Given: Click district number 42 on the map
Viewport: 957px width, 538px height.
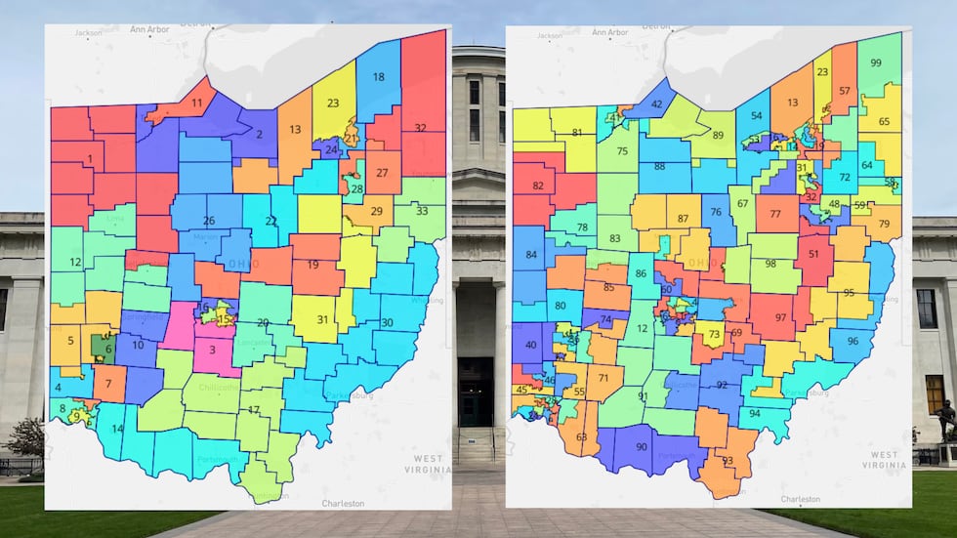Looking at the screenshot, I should [x=656, y=103].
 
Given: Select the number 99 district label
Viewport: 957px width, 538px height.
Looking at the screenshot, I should [x=876, y=63].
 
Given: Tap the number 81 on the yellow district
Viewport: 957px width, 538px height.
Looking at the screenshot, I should [x=577, y=133].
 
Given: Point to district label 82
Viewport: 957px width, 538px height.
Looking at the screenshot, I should [x=537, y=186].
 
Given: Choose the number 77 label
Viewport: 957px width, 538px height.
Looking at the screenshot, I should [x=775, y=213].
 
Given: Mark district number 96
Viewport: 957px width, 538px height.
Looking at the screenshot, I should [x=853, y=342].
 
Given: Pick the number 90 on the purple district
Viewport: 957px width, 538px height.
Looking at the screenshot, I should [x=642, y=447].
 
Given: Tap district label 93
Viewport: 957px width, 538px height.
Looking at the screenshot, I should [x=727, y=461].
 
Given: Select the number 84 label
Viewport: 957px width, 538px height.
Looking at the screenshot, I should [x=531, y=256].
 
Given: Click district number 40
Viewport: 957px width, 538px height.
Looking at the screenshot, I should [x=531, y=345].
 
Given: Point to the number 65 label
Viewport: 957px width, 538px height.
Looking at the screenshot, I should [x=884, y=122].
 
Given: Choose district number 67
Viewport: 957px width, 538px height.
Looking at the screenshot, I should [x=742, y=204].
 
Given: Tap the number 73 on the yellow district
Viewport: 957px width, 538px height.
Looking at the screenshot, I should [x=714, y=335].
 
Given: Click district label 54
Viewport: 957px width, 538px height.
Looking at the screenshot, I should [x=756, y=116].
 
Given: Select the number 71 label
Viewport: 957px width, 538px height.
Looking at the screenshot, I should [x=603, y=378].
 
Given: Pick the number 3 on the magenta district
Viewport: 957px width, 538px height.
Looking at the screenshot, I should [x=213, y=350].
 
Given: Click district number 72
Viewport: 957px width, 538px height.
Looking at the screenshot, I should [x=844, y=178].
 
